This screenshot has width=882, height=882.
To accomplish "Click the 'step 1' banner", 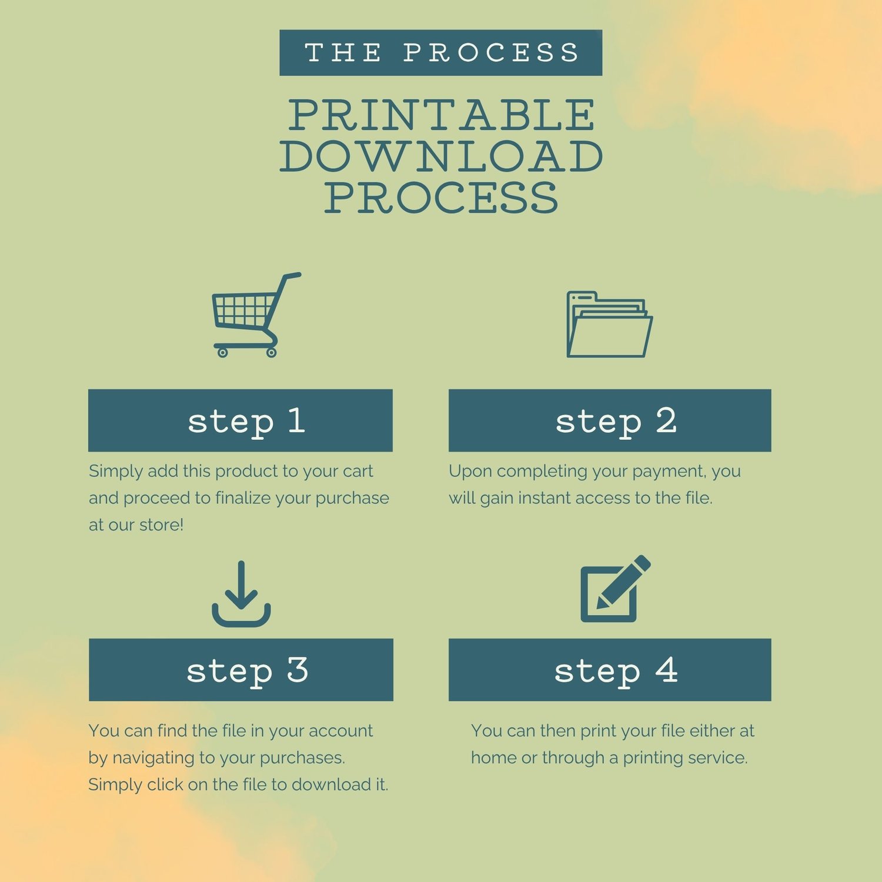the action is [x=240, y=420].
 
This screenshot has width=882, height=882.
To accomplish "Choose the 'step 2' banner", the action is [x=610, y=420].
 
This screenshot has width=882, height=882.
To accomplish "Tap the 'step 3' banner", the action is [x=241, y=670].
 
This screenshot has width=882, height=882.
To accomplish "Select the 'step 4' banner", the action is [x=610, y=670].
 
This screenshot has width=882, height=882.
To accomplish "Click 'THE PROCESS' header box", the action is [x=441, y=53].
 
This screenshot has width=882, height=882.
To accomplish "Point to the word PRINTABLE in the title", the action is [x=442, y=115].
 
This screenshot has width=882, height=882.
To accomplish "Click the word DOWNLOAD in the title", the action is [x=442, y=156].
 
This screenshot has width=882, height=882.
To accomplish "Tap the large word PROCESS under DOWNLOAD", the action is [x=442, y=197].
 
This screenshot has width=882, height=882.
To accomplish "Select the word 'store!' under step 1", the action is [x=162, y=524].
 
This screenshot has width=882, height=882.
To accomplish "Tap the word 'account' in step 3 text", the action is [x=341, y=731].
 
